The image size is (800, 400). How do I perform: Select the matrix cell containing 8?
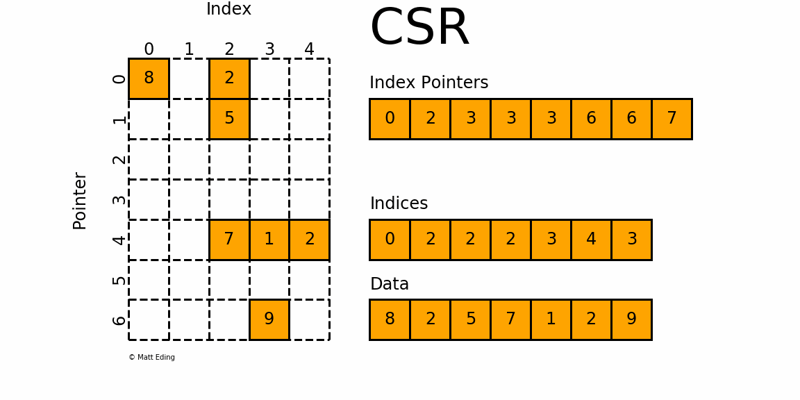click(x=149, y=78)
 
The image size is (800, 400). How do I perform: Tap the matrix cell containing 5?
click(x=229, y=119)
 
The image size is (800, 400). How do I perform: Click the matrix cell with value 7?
click(x=229, y=240)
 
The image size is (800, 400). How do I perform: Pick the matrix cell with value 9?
click(x=269, y=319)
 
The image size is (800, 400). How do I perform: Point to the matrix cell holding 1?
click(x=269, y=240)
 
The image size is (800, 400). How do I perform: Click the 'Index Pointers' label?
click(x=428, y=83)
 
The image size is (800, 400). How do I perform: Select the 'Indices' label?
click(x=399, y=203)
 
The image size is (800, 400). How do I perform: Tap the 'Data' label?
click(x=389, y=284)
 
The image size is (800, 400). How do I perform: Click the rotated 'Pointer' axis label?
click(x=80, y=201)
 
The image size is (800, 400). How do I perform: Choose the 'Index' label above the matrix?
click(x=228, y=10)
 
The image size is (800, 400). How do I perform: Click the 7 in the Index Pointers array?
click(x=672, y=119)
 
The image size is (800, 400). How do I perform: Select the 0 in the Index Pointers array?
click(x=390, y=119)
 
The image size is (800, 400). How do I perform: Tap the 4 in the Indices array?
click(x=591, y=240)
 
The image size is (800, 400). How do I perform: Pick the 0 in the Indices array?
click(x=390, y=240)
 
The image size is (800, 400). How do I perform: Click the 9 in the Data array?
click(x=631, y=319)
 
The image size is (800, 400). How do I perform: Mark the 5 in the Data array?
click(x=470, y=319)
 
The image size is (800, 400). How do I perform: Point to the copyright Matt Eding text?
click(x=151, y=358)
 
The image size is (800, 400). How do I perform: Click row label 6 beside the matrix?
click(x=119, y=320)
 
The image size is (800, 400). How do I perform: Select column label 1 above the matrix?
click(x=189, y=50)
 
